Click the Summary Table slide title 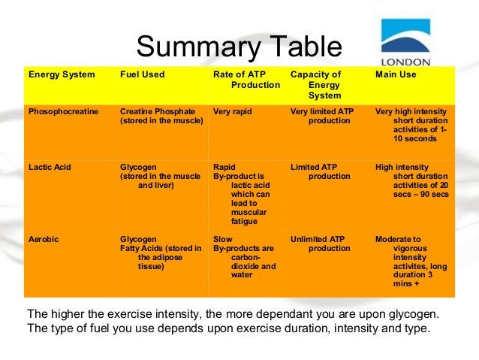coord(239,47)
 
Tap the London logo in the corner coord(405,42)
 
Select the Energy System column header coord(62,75)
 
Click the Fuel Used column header coord(142,75)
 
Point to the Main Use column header coord(395,75)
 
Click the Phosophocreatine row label coord(63,112)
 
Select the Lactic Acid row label coord(50,167)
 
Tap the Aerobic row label coord(44,239)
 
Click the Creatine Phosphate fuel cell coord(161,116)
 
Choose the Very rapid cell coord(233,112)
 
